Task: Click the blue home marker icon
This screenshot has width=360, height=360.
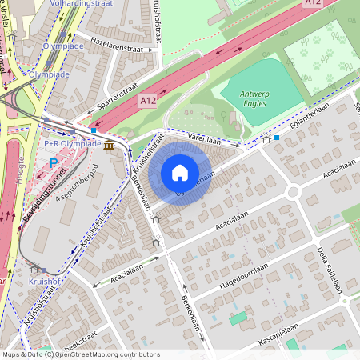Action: tap(180, 173)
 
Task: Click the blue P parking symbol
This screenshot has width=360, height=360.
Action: tap(54, 162)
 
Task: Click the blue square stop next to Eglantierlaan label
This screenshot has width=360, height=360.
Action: tap(277, 138)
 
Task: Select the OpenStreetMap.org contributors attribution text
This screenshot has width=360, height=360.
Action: tap(109, 354)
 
